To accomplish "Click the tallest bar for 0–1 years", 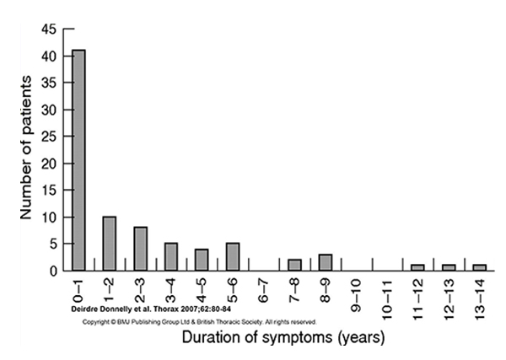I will pos(78,160).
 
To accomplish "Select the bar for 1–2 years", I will pos(110,244).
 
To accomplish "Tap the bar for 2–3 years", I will pos(141,249).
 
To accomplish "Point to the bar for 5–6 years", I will pos(234,257).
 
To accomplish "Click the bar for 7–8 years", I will pos(295,265).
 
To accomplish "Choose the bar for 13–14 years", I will pos(480,267).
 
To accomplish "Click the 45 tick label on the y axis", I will pos(48,30).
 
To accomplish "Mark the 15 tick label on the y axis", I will pos(48,190).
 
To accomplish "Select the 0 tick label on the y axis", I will pos(53,270).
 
